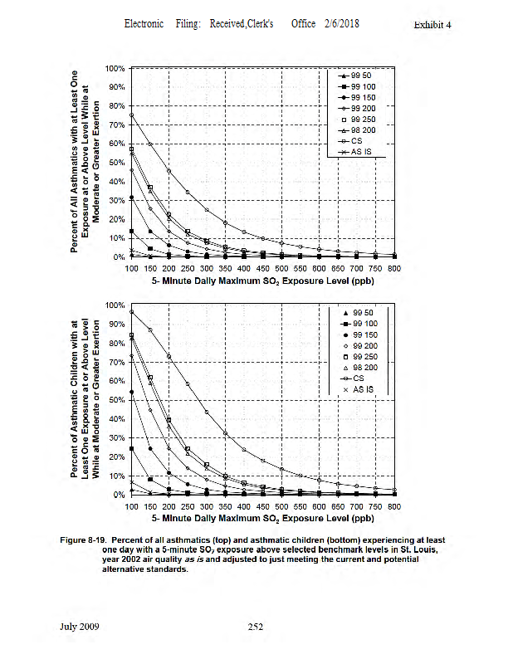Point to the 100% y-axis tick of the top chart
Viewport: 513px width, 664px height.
coord(115,67)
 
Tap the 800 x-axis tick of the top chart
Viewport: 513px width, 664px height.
coord(393,269)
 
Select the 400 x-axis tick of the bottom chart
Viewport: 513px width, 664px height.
coord(243,505)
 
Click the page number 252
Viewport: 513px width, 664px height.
coord(256,627)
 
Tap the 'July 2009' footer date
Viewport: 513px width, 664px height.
coord(80,627)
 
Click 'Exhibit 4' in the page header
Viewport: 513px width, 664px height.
coord(431,25)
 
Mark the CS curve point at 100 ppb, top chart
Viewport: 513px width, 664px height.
coord(131,115)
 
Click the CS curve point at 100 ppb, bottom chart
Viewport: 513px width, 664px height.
coord(131,311)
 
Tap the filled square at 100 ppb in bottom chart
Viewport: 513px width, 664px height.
coord(131,448)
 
